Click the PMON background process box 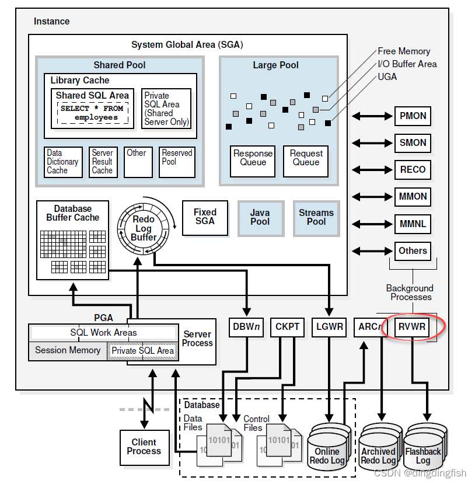413,116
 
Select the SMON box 413,142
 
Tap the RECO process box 413,169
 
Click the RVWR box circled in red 413,327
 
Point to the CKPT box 287,327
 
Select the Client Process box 144,447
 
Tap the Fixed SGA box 205,217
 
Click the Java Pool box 260,218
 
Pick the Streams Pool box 316,218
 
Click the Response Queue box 253,158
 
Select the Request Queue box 306,158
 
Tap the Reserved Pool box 177,161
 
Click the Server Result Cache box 103,161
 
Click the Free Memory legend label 404,51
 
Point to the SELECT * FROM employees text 92,113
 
